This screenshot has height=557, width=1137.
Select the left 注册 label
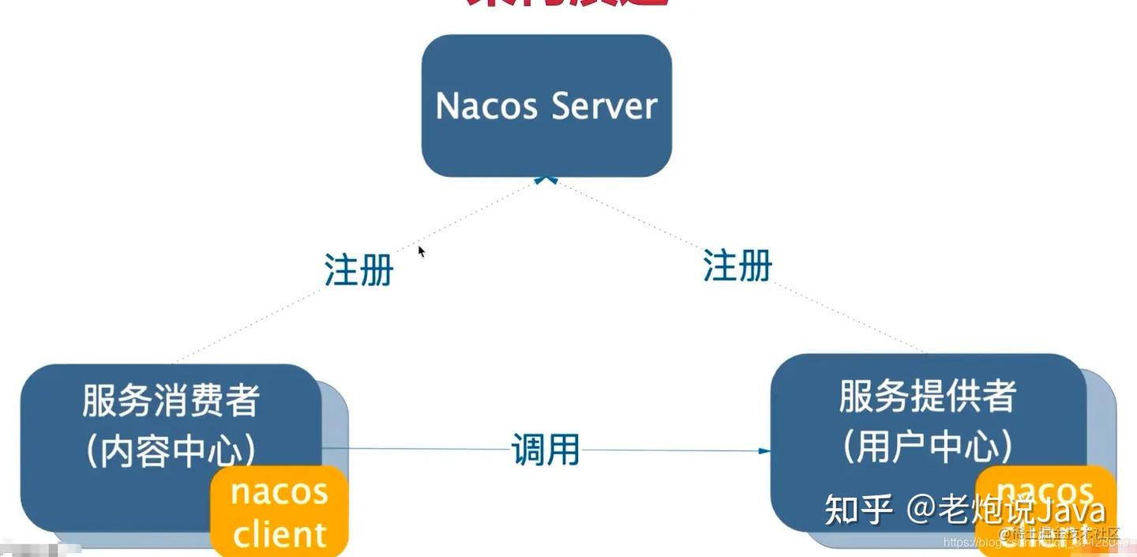[358, 270]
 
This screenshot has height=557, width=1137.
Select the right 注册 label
[737, 265]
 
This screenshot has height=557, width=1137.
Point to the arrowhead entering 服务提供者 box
[764, 451]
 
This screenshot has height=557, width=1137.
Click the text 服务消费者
[171, 401]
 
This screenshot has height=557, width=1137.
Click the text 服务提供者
[927, 396]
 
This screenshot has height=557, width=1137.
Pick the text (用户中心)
[927, 446]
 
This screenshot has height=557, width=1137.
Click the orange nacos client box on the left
[279, 512]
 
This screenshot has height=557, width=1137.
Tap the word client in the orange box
[280, 535]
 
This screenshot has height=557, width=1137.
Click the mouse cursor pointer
[422, 251]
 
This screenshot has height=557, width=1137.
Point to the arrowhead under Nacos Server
[546, 180]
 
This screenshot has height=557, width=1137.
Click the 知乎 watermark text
[858, 510]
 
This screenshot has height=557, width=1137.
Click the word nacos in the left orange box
[280, 491]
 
